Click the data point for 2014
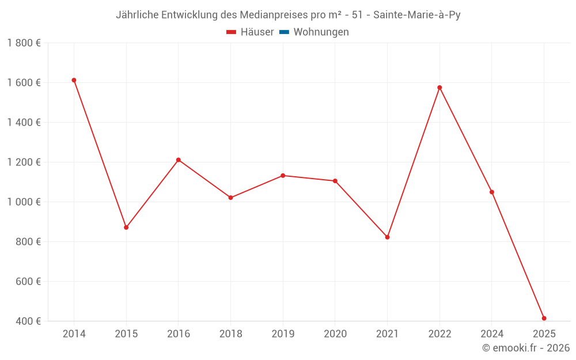(x=74, y=80)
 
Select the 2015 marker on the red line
(x=126, y=228)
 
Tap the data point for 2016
(x=179, y=160)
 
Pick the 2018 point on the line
(x=230, y=198)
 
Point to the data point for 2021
(x=387, y=237)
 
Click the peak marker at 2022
(x=439, y=88)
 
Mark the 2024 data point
(x=492, y=192)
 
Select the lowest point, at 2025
(x=544, y=319)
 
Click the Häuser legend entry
(x=250, y=32)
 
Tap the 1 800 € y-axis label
(x=24, y=43)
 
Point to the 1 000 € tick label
(x=24, y=202)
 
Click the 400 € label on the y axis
(x=28, y=321)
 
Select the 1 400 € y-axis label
(x=24, y=123)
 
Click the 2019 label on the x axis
(x=283, y=334)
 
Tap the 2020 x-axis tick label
(x=335, y=334)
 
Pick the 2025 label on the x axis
(x=544, y=334)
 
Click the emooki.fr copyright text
(x=526, y=348)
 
